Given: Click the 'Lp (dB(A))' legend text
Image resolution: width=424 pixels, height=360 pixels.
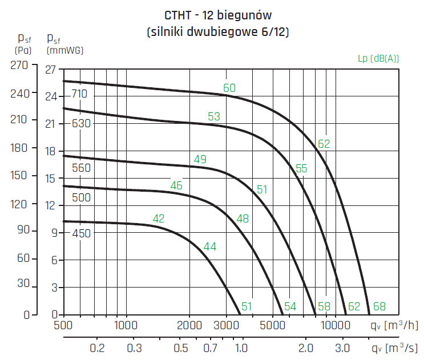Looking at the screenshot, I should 378,58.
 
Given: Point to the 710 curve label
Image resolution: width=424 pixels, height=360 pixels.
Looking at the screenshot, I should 80,94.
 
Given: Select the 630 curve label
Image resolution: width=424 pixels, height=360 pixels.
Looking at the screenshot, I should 81,123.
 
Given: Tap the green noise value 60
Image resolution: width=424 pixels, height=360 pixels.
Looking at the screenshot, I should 229,88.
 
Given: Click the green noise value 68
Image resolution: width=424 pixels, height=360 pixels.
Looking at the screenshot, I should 379,307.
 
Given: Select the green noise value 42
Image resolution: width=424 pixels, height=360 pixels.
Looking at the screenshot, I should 159,219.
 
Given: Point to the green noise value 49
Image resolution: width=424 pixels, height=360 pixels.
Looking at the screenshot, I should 200,159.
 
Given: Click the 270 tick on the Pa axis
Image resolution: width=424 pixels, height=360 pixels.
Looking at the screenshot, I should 19,66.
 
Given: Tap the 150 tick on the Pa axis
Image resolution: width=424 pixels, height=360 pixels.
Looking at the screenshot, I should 19,176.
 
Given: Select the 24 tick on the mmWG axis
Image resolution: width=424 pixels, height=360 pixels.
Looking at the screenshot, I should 51,97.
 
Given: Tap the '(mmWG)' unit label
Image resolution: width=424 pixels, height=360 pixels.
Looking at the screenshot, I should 64,50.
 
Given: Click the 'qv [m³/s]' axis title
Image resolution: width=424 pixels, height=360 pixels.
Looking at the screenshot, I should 394,347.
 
